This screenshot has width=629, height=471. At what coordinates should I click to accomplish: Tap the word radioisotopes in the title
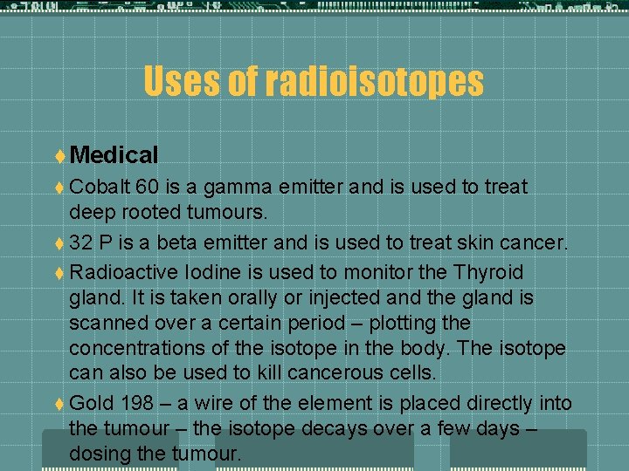click(374, 82)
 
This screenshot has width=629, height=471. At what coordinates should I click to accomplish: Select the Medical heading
click(114, 155)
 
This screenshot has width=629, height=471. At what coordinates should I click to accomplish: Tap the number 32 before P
click(81, 242)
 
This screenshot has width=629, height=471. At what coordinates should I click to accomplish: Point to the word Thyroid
click(481, 271)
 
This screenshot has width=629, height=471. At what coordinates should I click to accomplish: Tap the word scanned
click(107, 323)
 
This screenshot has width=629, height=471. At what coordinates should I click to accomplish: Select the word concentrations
click(141, 348)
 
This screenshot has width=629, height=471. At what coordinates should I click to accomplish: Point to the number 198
click(133, 403)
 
